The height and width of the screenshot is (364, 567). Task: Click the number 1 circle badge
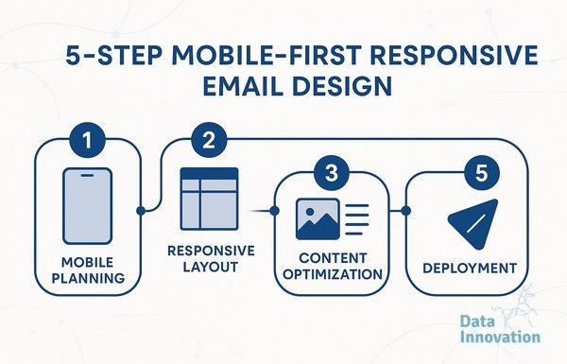pos(88,139)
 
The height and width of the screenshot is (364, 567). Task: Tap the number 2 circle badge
pos(209,139)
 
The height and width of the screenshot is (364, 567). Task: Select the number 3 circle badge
pos(332,173)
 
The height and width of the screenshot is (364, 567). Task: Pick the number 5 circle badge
pos(481,173)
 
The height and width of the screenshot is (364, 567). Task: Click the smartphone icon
pos(88,206)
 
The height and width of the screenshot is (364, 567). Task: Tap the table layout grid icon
pos(210,199)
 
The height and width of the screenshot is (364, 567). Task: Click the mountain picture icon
pos(318,219)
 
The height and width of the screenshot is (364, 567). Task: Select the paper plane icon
pos(473,224)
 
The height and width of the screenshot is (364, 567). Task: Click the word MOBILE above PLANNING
pos(88,262)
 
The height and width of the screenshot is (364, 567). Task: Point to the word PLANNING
pos(88,278)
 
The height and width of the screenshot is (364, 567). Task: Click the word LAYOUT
pos(211,267)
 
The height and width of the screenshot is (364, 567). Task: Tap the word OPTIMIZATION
pos(333,274)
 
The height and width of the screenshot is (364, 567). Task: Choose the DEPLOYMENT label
pos(470,269)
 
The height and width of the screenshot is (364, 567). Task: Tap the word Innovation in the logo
pos(501,337)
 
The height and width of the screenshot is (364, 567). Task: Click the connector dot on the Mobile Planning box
pos(141,211)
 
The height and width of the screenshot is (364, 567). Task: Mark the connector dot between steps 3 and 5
pos(405,211)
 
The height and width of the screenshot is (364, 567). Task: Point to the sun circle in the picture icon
pos(310,211)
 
